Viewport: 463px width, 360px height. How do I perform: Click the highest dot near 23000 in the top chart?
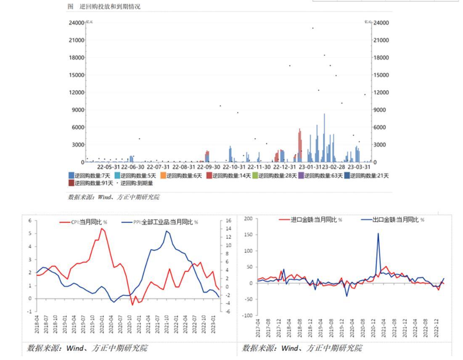[312, 28]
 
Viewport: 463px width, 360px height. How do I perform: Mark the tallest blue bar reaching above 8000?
[324, 114]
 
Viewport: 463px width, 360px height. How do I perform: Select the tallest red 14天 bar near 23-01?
[300, 130]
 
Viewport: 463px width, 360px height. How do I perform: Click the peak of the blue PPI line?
[167, 231]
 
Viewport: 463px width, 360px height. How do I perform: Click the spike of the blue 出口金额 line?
[378, 234]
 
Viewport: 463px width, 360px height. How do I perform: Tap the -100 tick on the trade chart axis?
[247, 315]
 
